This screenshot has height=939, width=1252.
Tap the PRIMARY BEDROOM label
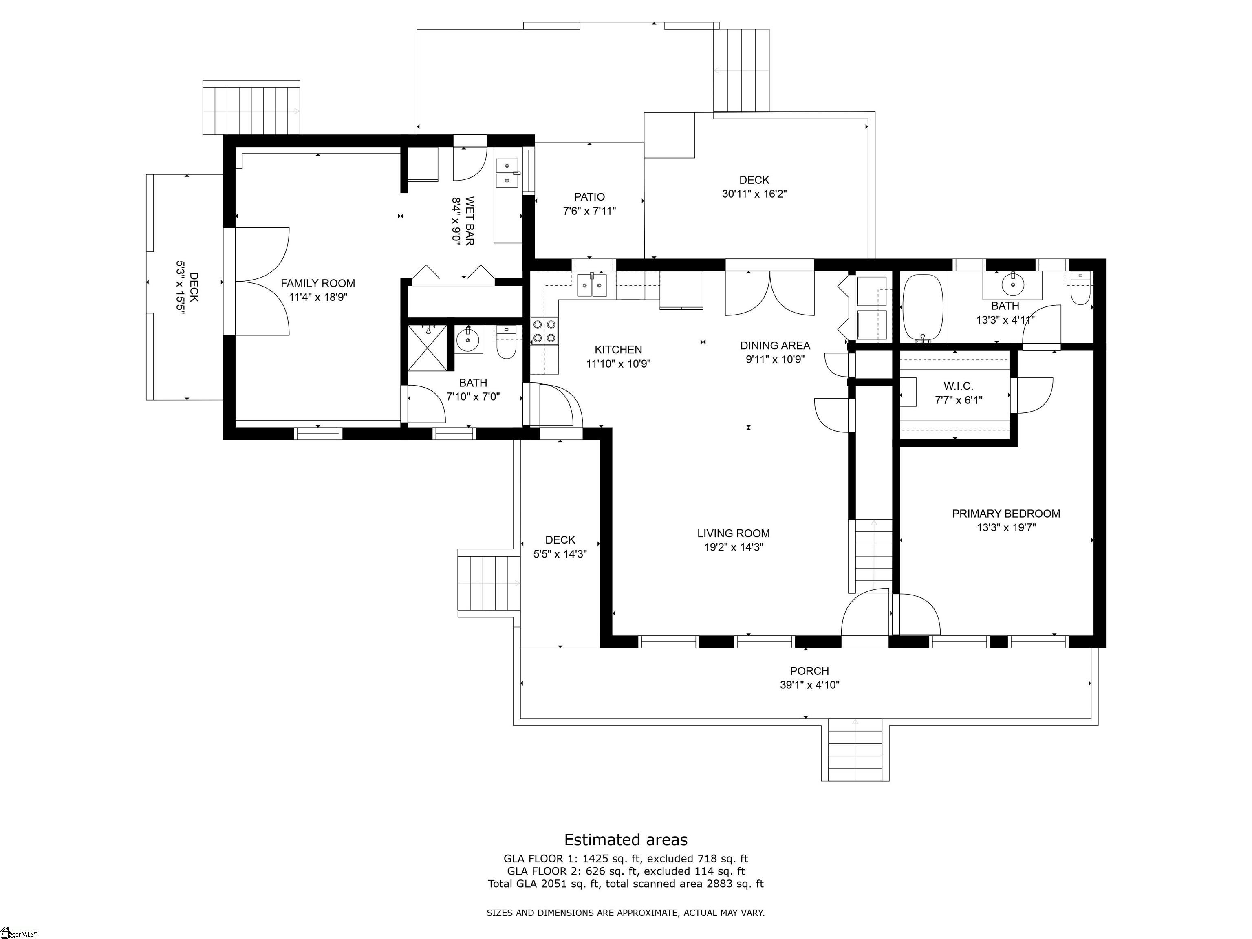[x=1006, y=514]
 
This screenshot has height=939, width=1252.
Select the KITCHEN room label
[x=618, y=350]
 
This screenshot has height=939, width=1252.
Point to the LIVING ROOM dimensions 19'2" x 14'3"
[x=734, y=547]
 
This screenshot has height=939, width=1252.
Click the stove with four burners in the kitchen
[x=544, y=331]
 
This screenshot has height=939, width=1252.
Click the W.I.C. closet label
[x=958, y=386]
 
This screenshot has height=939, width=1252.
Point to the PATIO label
[x=589, y=197]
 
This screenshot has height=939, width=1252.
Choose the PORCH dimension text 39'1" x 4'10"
[x=809, y=685]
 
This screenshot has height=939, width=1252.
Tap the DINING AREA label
[x=775, y=345]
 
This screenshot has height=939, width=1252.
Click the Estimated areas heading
[x=626, y=840]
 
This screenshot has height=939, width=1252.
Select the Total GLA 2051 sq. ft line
[x=626, y=884]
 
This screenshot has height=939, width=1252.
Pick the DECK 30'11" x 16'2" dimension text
[x=754, y=194]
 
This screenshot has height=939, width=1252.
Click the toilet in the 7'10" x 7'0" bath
[x=506, y=343]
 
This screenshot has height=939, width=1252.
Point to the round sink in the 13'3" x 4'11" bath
[x=1012, y=285]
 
